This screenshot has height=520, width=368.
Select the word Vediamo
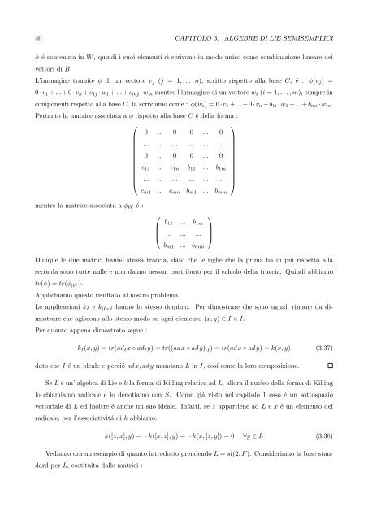pyautogui.click(x=63, y=479)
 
